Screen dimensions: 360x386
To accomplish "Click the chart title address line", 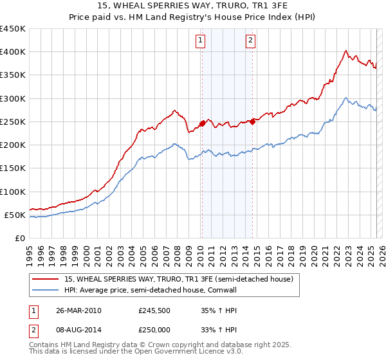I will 193,6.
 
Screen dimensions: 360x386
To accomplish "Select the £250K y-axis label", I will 13,122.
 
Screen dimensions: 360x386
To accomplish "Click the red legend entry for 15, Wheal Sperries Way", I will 179,279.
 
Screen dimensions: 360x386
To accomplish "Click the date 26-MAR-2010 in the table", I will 78,310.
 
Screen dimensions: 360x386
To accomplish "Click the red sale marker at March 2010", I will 202,123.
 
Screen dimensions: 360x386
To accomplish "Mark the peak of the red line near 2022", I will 346,51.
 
